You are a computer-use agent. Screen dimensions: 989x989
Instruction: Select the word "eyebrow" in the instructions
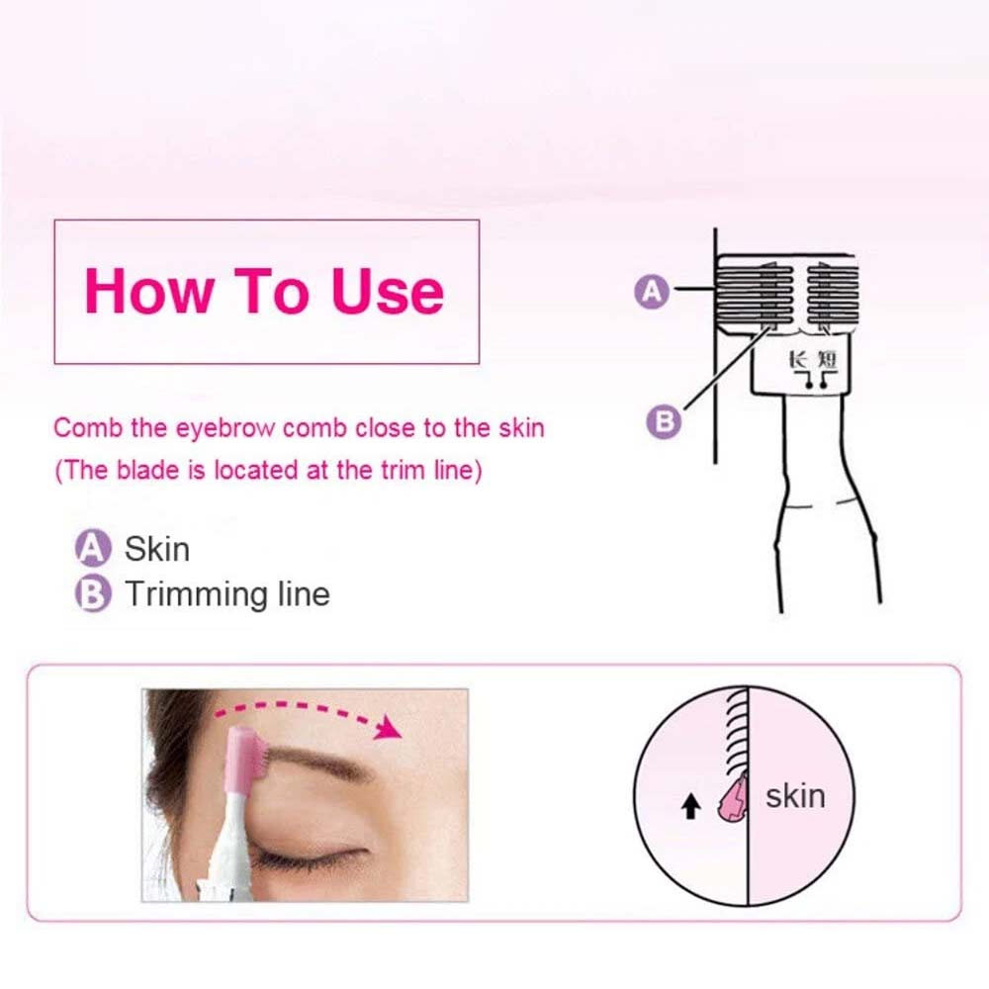225,429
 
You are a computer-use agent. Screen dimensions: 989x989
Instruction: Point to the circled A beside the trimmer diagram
652,292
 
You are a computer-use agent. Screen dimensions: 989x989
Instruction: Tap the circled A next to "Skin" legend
93,548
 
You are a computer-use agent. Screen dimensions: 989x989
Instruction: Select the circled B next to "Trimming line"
93,593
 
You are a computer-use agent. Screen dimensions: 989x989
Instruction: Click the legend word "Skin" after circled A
157,549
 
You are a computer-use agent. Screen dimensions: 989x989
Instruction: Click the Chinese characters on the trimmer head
813,360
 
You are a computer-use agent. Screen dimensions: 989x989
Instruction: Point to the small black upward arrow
692,805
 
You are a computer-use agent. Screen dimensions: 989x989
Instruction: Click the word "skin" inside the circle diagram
795,796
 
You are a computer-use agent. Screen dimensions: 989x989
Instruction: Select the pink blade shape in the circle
733,798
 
